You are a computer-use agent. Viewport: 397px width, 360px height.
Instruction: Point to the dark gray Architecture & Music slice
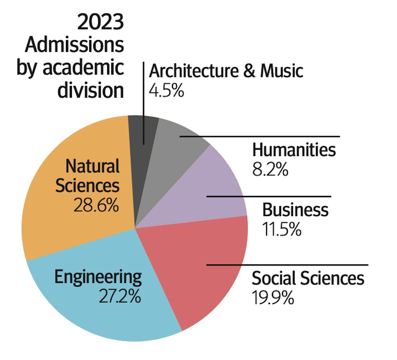[x=139, y=131]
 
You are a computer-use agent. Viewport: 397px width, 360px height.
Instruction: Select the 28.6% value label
[x=96, y=206]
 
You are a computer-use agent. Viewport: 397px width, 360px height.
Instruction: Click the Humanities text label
[x=294, y=150]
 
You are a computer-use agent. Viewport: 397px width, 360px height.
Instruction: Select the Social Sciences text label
[x=308, y=278]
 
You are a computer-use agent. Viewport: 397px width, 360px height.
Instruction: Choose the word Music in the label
[x=281, y=71]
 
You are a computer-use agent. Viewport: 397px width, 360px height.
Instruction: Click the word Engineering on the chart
[x=98, y=277]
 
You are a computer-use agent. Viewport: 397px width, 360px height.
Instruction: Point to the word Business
[x=295, y=210]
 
